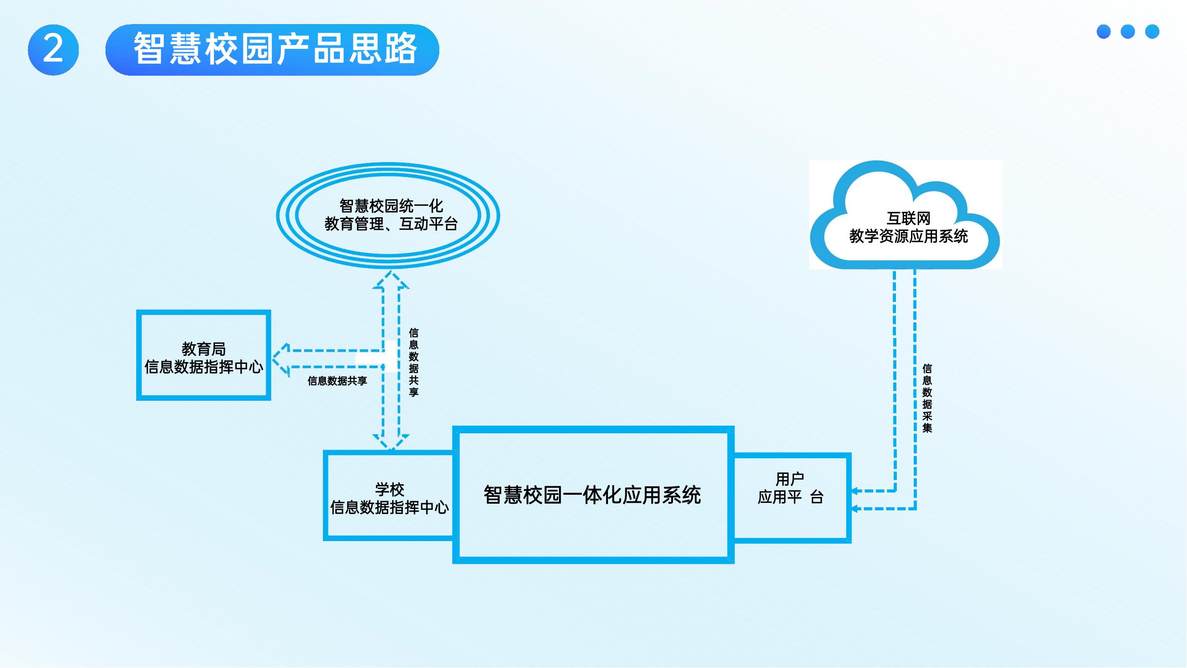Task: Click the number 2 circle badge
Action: coord(53,49)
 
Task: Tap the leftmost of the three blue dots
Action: coord(1104,31)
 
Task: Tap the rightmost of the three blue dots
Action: coord(1152,31)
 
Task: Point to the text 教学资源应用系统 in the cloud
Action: coord(908,236)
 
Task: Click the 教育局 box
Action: coord(203,355)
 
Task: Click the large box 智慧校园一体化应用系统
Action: coord(592,495)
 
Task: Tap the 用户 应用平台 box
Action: coord(790,497)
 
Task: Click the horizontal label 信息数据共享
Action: coord(337,381)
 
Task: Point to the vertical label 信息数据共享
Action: coord(413,363)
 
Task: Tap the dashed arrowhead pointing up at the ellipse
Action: coord(391,279)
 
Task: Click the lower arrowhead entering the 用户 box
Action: coord(855,509)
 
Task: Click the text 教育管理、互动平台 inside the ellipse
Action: coord(391,224)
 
